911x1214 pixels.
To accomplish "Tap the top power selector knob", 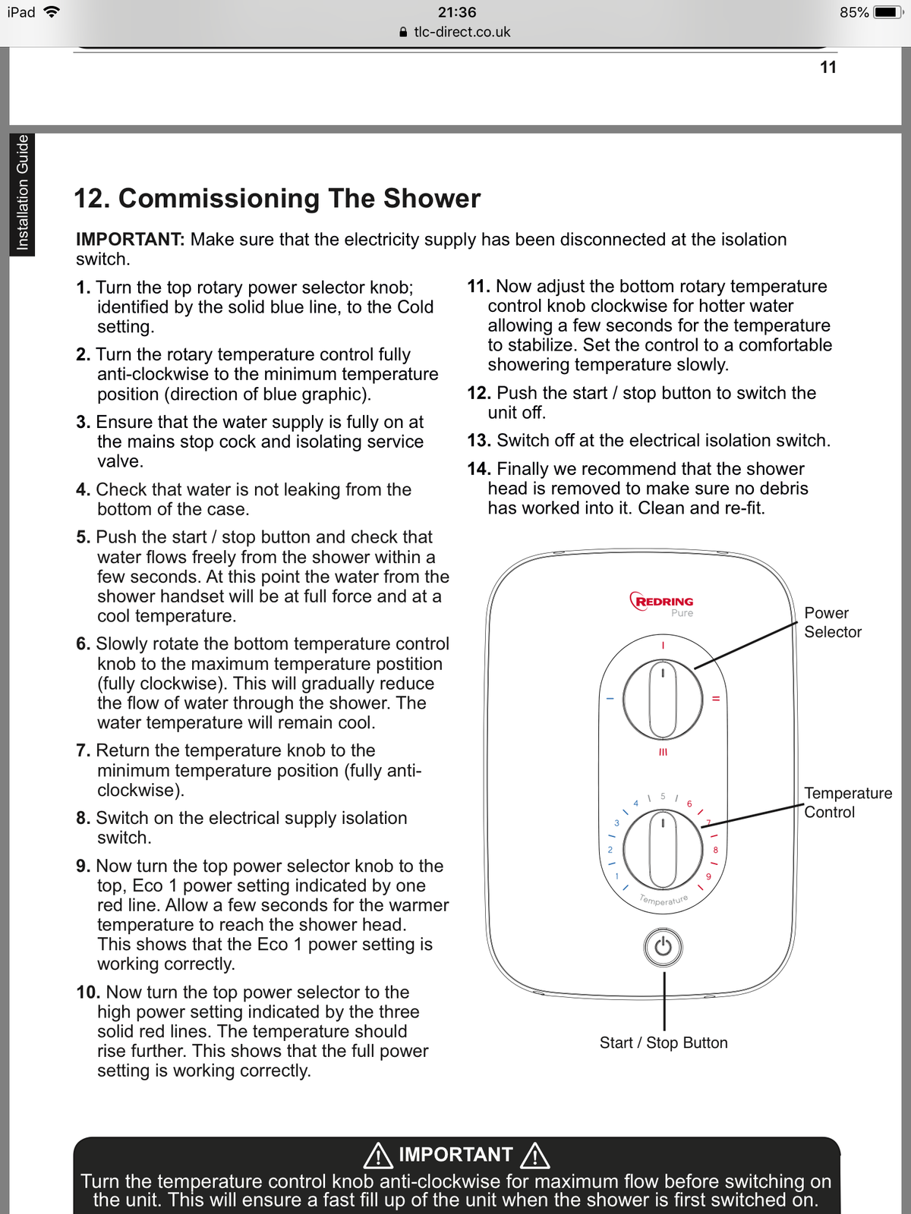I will coord(663,699).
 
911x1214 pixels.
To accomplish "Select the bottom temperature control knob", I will coord(663,849).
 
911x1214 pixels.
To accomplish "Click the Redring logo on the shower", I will coord(662,602).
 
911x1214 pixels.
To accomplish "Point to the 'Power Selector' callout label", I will coord(832,622).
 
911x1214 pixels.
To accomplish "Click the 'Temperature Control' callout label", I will coord(847,802).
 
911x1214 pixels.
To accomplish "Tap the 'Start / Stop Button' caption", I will coord(663,1043).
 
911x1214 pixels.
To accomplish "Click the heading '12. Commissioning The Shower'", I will coord(277,198).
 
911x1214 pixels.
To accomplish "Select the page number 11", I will coord(827,68).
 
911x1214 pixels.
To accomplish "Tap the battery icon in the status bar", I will coord(886,12).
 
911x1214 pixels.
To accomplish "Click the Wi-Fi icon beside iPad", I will coord(52,12).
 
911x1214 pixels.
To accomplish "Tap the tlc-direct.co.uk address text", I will coord(462,32).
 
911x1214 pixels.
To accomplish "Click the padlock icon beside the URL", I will coord(403,32).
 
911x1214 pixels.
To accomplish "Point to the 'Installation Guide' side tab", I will coord(22,193).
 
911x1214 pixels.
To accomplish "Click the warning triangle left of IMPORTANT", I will coord(378,1155).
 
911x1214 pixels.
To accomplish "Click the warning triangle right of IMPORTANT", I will coord(534,1155).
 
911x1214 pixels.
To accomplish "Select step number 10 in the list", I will coord(88,992).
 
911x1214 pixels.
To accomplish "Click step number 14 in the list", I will coord(478,469).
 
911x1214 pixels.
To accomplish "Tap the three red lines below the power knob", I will coord(663,752).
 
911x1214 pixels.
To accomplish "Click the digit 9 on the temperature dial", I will coord(708,876).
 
